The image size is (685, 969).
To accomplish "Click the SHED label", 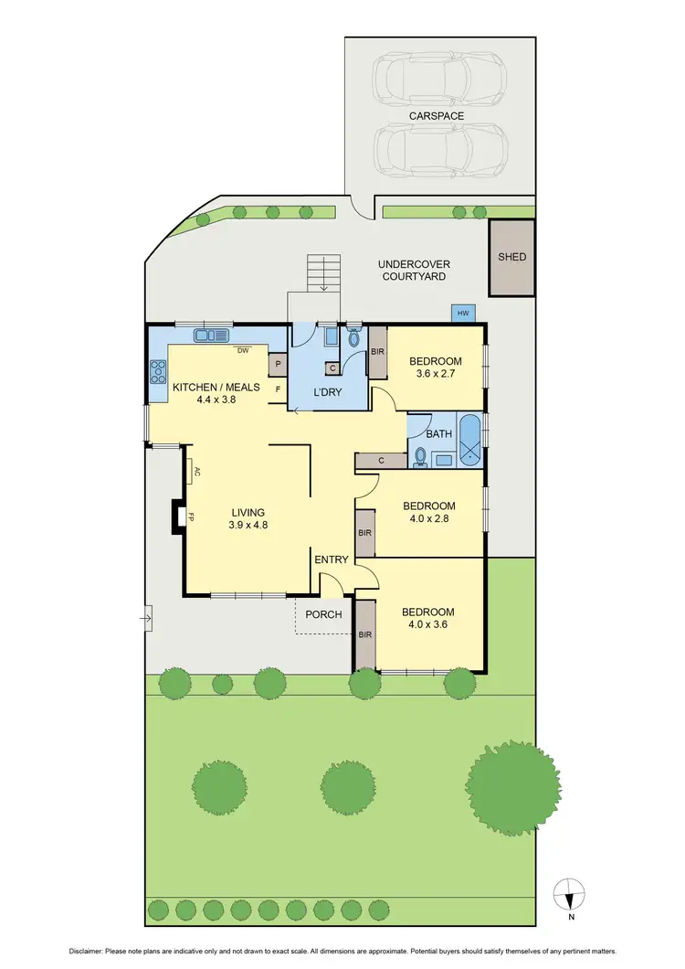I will [511, 257].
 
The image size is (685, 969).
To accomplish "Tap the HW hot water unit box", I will [463, 314].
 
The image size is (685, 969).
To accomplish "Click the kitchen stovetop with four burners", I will [158, 372].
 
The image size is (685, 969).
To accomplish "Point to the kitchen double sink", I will [211, 335].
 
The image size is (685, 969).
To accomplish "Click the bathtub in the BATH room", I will [470, 441].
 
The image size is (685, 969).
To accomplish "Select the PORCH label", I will [324, 614].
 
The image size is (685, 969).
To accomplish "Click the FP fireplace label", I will [191, 517].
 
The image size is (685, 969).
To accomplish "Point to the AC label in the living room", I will [195, 472].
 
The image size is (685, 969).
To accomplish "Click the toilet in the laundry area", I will [353, 338].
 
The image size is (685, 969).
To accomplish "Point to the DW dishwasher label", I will [243, 350].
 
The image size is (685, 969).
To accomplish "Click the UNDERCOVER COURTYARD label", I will [414, 270].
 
